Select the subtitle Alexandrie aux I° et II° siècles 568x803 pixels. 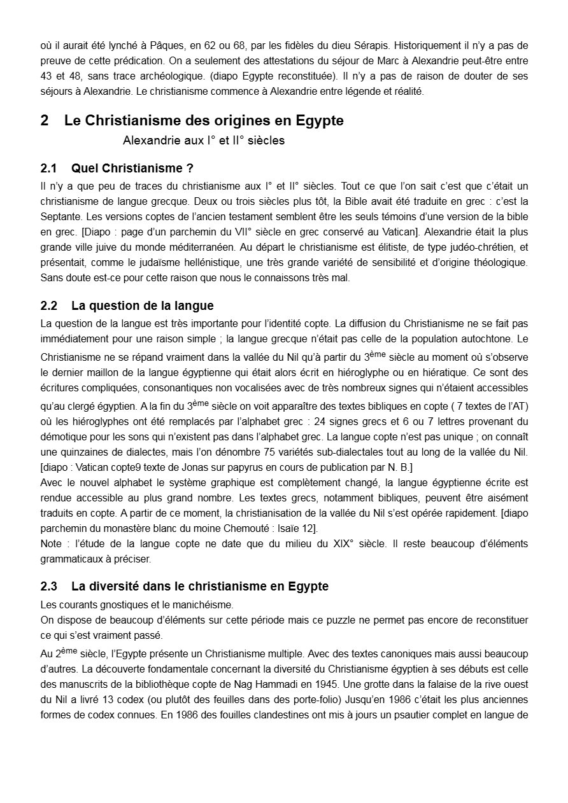204,141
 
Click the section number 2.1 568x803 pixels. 49,169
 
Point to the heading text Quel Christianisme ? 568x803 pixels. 132,169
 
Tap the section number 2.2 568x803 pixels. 49,306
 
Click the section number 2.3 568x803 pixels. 49,586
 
